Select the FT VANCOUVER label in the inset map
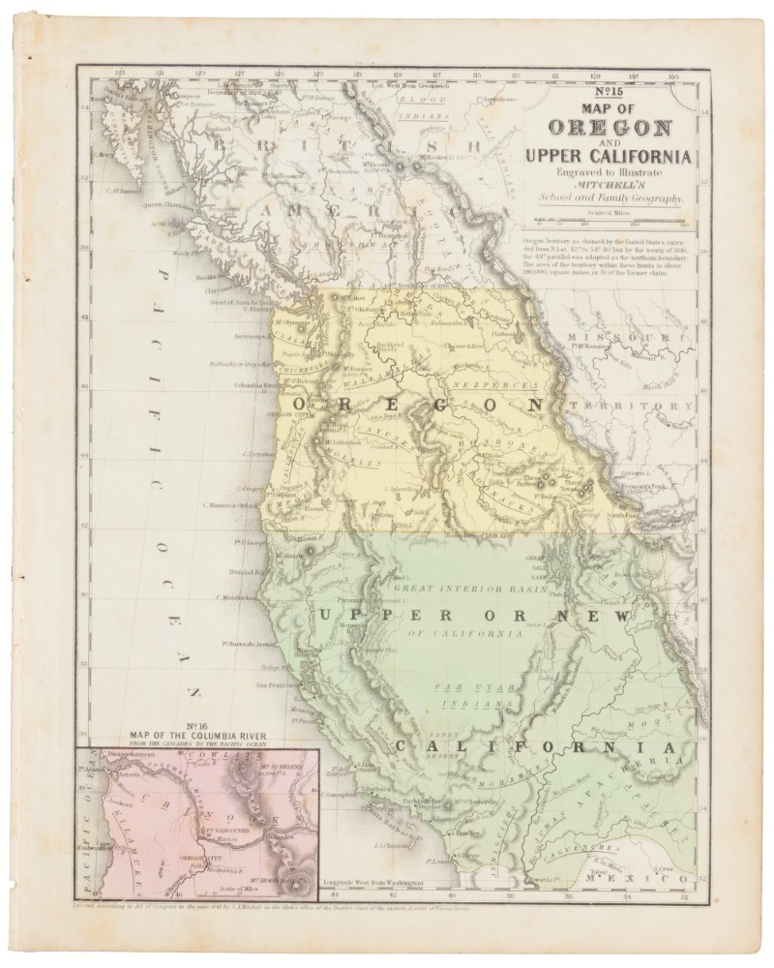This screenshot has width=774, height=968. (x=225, y=831)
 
